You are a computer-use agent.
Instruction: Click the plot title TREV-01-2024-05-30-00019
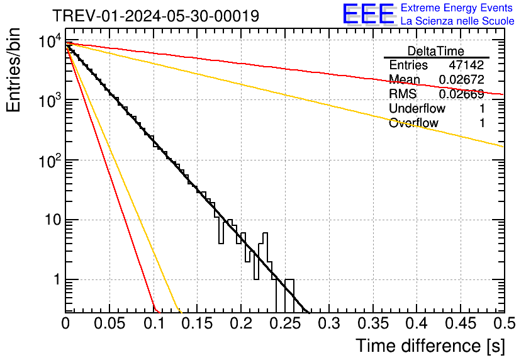(155, 16)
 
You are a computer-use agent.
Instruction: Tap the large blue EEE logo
(368, 14)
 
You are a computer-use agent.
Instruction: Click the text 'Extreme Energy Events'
(457, 8)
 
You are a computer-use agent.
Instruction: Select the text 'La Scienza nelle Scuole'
(457, 21)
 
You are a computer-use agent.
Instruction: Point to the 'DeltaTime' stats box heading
(436, 50)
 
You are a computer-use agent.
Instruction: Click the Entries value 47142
(466, 65)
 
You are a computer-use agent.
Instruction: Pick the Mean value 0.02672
(461, 80)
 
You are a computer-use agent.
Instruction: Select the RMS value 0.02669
(461, 94)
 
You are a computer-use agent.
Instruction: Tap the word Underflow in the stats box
(417, 108)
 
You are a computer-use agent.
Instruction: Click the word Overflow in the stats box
(413, 123)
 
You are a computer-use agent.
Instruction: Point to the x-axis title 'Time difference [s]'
(428, 346)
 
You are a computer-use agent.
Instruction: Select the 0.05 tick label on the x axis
(110, 324)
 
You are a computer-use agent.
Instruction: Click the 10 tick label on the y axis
(50, 221)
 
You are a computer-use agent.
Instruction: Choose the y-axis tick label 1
(55, 280)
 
